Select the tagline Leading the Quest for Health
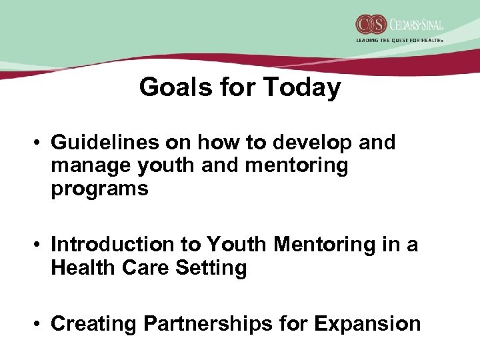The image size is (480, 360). point(399,40)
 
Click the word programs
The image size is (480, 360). point(99,189)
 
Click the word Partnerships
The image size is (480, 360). point(207,323)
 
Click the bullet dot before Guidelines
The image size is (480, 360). point(40,143)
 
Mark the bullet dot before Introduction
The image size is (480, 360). point(40,245)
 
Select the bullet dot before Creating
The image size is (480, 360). point(40,324)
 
